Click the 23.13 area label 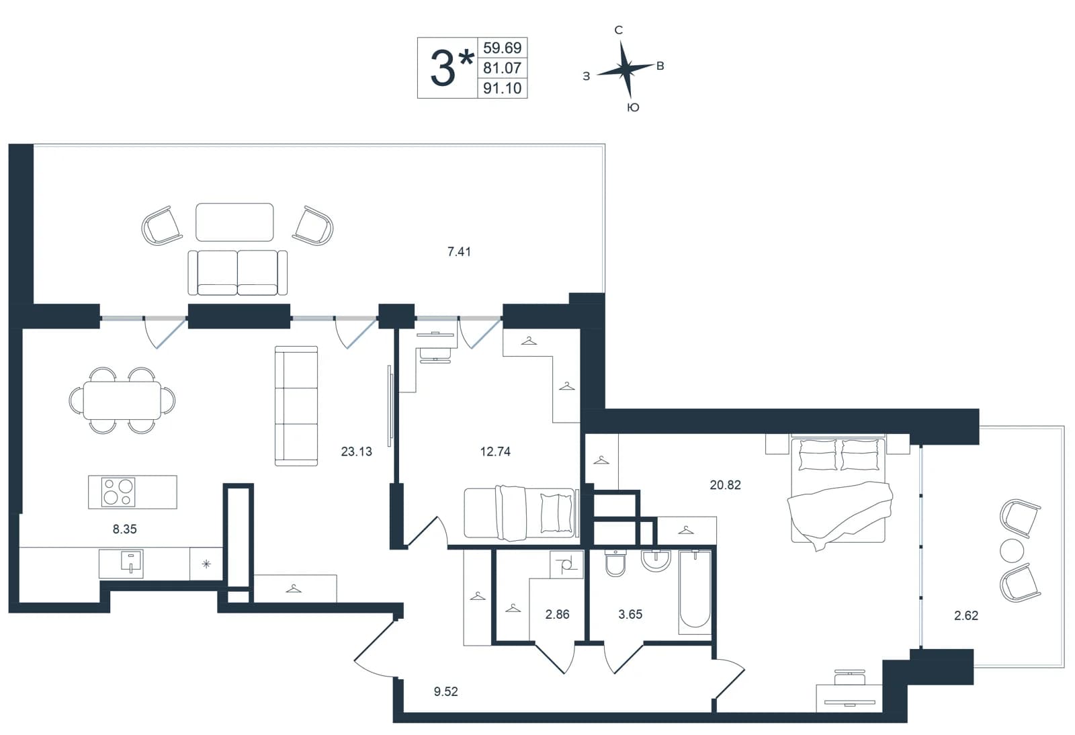[357, 451]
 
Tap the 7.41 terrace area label [460, 251]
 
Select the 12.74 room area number [495, 451]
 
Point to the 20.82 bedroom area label [725, 485]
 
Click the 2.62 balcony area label [966, 615]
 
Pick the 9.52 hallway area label [446, 691]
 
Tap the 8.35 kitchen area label [125, 529]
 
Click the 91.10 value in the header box [502, 88]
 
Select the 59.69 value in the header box [502, 48]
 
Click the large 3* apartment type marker [451, 68]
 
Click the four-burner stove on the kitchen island [118, 492]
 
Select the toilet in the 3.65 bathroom [615, 563]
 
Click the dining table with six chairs [122, 400]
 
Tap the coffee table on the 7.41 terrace [234, 222]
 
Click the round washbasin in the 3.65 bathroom [656, 560]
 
